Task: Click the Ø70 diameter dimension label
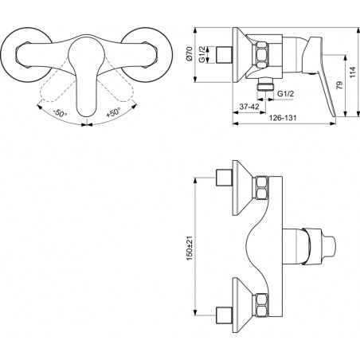point(189,54)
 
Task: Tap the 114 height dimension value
point(352,72)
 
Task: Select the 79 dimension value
point(339,85)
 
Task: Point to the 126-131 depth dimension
point(283,118)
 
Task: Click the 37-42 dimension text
point(249,107)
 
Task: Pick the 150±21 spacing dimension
point(190,248)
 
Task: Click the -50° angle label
point(60,113)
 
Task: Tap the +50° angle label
point(113,112)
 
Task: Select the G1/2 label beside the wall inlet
point(202,54)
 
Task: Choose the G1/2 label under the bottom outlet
point(286,93)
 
